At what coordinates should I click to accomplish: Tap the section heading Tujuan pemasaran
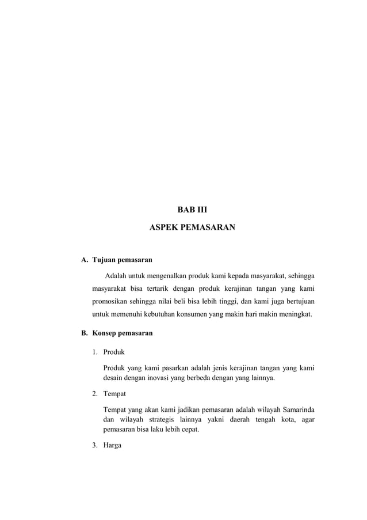[x=118, y=260]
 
